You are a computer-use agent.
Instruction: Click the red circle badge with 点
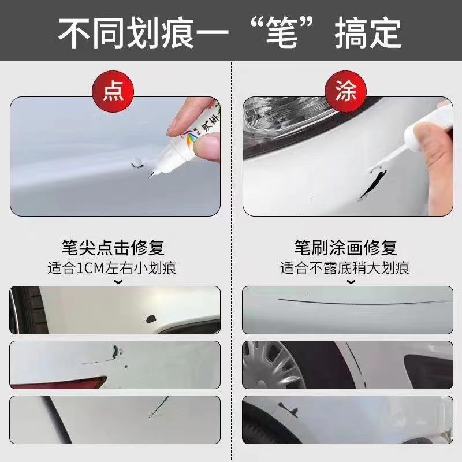click(x=113, y=91)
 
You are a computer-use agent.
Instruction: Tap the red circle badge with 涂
click(x=345, y=91)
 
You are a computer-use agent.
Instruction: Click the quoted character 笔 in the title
click(x=281, y=32)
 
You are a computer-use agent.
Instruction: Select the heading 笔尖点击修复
click(x=113, y=248)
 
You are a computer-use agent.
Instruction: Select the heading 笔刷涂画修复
click(x=345, y=248)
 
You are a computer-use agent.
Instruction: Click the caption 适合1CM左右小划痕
click(x=112, y=268)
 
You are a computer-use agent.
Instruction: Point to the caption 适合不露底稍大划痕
click(x=345, y=268)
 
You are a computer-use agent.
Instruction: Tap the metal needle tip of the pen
click(x=151, y=176)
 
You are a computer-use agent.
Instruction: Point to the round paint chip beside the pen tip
click(x=137, y=162)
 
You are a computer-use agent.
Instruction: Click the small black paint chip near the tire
click(x=151, y=319)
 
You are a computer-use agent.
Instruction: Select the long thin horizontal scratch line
click(x=364, y=302)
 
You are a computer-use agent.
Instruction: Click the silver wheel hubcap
click(x=273, y=366)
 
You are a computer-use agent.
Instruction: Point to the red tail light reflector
click(x=59, y=382)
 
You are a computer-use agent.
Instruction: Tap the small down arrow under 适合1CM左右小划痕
click(x=118, y=282)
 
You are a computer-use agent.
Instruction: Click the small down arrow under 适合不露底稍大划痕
click(x=351, y=282)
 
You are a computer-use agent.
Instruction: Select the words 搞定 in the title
click(x=368, y=32)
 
